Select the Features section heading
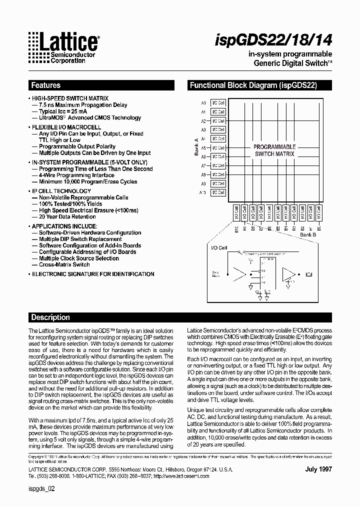pyautogui.click(x=46, y=85)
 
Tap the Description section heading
pyautogui.click(x=50, y=317)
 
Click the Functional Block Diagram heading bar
pyautogui.click(x=253, y=85)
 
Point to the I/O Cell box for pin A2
pyautogui.click(x=218, y=121)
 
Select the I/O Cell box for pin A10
pyautogui.click(x=218, y=192)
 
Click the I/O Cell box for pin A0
pyautogui.click(x=218, y=103)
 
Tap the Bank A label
pyautogui.click(x=196, y=147)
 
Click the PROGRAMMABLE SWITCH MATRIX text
pyautogui.click(x=274, y=150)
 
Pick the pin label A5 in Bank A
pyautogui.click(x=203, y=148)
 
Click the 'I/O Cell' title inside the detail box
pyautogui.click(x=219, y=247)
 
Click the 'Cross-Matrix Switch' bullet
pyautogui.click(x=64, y=264)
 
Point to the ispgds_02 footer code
pyautogui.click(x=41, y=490)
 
